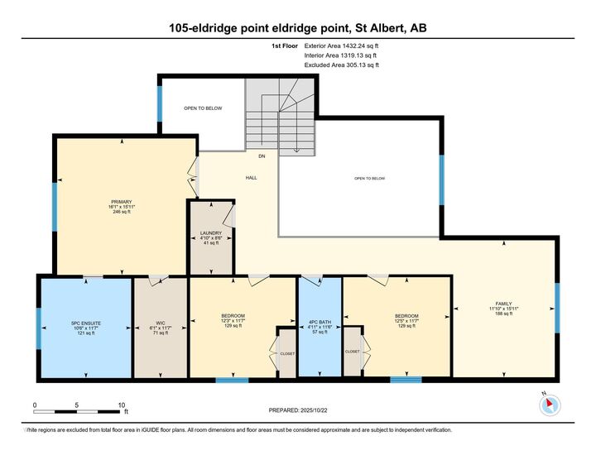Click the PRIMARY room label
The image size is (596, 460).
[x=122, y=201]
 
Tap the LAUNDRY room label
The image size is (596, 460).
[x=211, y=232]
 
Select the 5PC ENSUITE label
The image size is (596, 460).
[x=85, y=323]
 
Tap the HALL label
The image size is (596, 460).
[x=250, y=178]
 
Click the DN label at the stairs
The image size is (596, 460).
[x=261, y=156]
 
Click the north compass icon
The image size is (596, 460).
[x=550, y=405]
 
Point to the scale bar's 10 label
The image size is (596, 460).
[x=121, y=405]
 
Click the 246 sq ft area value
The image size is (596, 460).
[x=122, y=213]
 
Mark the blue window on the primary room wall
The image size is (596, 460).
[x=55, y=205]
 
